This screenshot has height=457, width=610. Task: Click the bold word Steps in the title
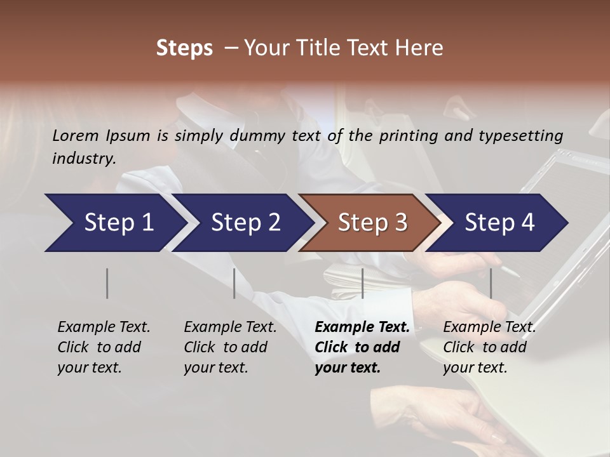point(184,48)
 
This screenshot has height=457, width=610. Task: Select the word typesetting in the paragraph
point(522,135)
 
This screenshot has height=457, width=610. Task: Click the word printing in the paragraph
point(405,135)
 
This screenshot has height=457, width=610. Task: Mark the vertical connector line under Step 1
point(107,283)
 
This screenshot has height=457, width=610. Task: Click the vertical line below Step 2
point(234,283)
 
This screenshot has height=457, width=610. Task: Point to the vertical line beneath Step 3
point(362,283)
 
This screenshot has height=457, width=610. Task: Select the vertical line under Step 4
point(491,283)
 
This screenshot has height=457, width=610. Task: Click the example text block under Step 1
point(104,347)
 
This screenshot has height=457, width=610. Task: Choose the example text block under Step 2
point(230,347)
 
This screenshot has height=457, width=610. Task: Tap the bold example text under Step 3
point(362,347)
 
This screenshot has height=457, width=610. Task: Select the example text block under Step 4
point(489,347)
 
